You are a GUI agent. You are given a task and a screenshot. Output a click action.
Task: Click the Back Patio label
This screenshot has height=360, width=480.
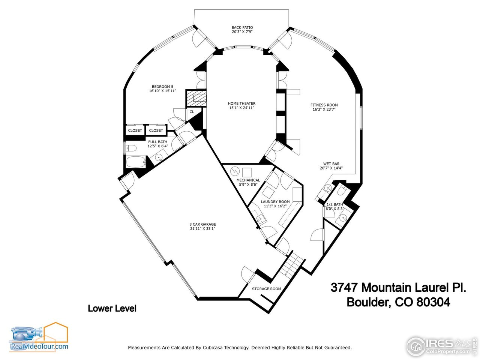(242, 27)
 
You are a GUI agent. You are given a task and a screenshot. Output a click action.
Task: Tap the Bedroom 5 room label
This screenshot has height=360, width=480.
(162, 87)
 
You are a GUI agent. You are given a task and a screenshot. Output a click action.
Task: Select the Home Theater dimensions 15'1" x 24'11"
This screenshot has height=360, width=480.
(242, 108)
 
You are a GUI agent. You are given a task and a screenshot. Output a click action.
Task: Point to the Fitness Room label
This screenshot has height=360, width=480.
(324, 105)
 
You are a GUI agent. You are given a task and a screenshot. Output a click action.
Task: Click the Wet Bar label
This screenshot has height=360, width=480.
(331, 164)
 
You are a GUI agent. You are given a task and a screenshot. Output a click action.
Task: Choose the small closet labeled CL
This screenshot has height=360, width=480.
(192, 112)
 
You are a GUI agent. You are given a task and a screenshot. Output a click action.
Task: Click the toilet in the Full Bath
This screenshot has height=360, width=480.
(130, 148)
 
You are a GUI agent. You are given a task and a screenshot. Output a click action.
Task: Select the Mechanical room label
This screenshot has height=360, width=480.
(248, 180)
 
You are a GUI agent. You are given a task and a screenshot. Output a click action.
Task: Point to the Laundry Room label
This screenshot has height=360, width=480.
(275, 202)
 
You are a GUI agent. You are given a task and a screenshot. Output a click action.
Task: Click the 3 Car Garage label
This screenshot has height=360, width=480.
(202, 224)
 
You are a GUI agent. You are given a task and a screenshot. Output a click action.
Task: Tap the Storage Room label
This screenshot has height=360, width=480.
(266, 289)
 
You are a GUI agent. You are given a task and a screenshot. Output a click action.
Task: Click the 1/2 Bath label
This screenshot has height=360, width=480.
(334, 204)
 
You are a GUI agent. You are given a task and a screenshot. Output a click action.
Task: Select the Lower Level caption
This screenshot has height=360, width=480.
(112, 308)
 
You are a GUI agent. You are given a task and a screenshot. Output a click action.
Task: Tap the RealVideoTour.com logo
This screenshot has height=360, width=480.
(39, 337)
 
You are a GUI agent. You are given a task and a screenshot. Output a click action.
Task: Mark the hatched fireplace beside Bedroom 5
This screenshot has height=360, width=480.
(196, 99)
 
